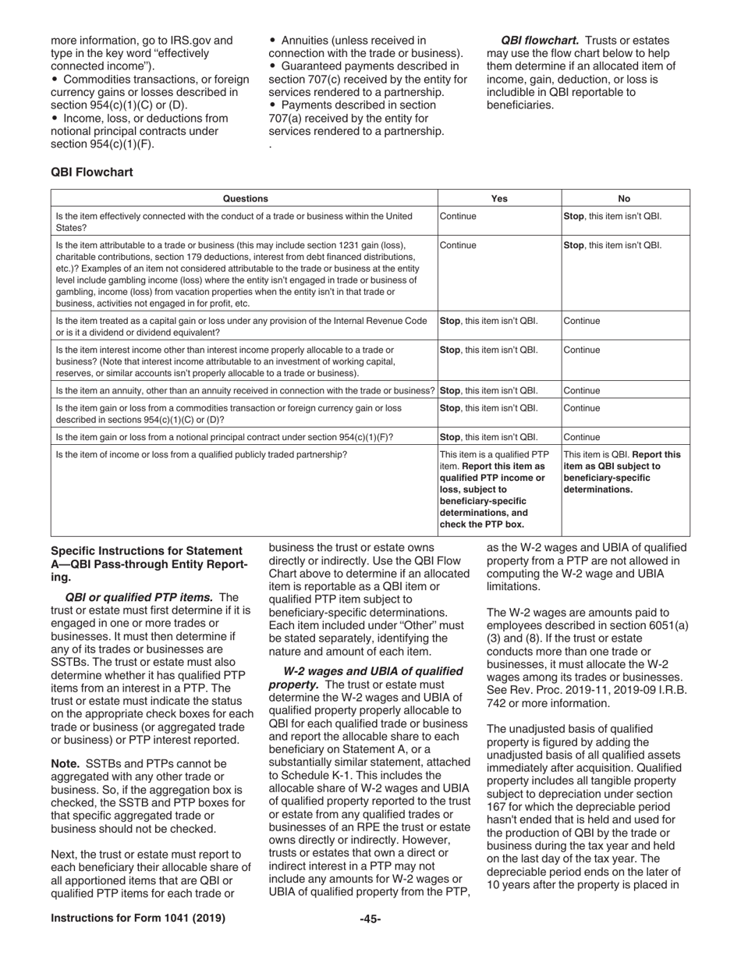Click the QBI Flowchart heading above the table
91,172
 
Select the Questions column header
245,198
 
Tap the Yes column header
499,198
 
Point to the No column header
624,198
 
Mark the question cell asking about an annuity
244,390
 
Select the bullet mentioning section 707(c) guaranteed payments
367,79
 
